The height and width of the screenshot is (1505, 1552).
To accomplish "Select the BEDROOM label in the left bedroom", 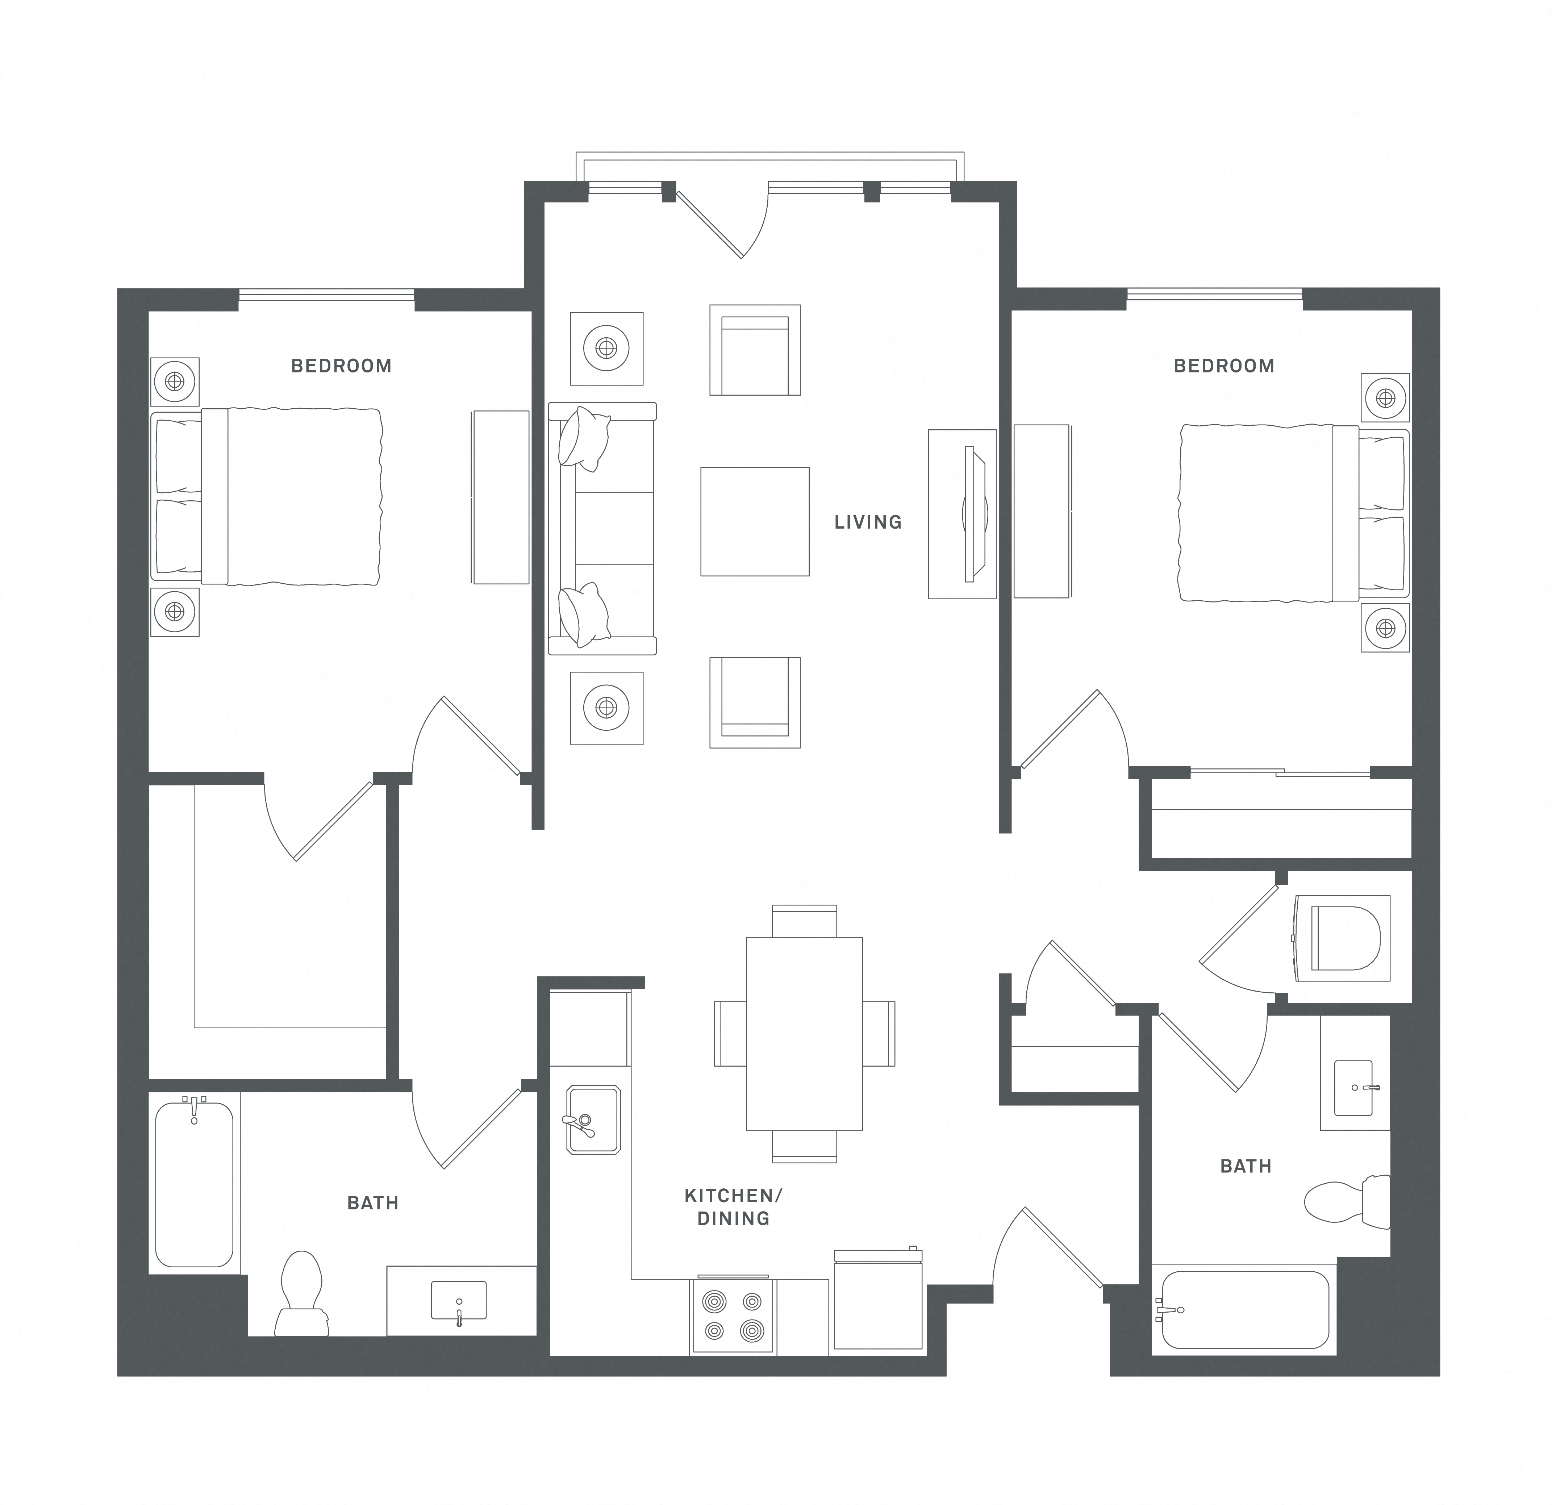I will coord(341,366).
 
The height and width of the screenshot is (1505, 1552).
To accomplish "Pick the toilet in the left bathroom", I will coord(302,1295).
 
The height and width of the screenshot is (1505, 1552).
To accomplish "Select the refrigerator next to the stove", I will coord(877,1302).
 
